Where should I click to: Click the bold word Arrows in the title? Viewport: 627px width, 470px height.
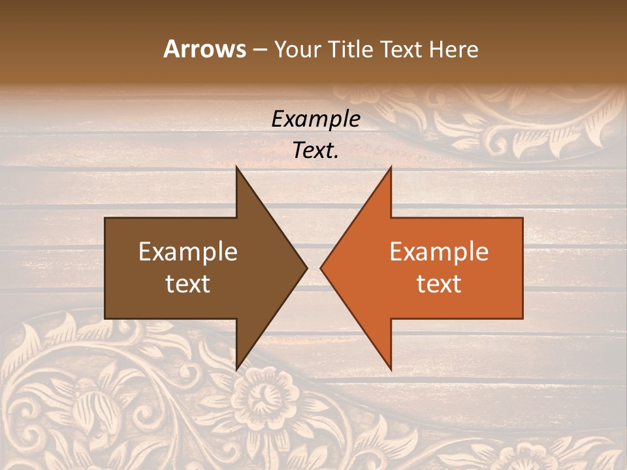204,49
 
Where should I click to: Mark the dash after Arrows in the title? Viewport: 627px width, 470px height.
259,50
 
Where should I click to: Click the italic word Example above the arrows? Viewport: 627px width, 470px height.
316,119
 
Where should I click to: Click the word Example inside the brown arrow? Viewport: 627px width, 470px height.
188,251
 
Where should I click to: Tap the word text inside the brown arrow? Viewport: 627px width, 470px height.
188,283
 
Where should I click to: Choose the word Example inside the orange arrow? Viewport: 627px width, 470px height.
439,251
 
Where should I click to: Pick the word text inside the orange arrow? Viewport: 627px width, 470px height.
439,283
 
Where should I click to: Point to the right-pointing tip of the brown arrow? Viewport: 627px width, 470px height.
307,268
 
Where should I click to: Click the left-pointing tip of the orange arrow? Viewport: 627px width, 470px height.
321,268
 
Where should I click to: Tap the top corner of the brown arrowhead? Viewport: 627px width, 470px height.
236,167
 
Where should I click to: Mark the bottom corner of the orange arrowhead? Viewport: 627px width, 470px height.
391,369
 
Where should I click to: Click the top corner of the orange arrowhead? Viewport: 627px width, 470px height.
391,167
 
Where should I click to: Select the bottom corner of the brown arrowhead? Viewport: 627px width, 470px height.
236,369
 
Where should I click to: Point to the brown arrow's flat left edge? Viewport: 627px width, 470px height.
105,268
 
